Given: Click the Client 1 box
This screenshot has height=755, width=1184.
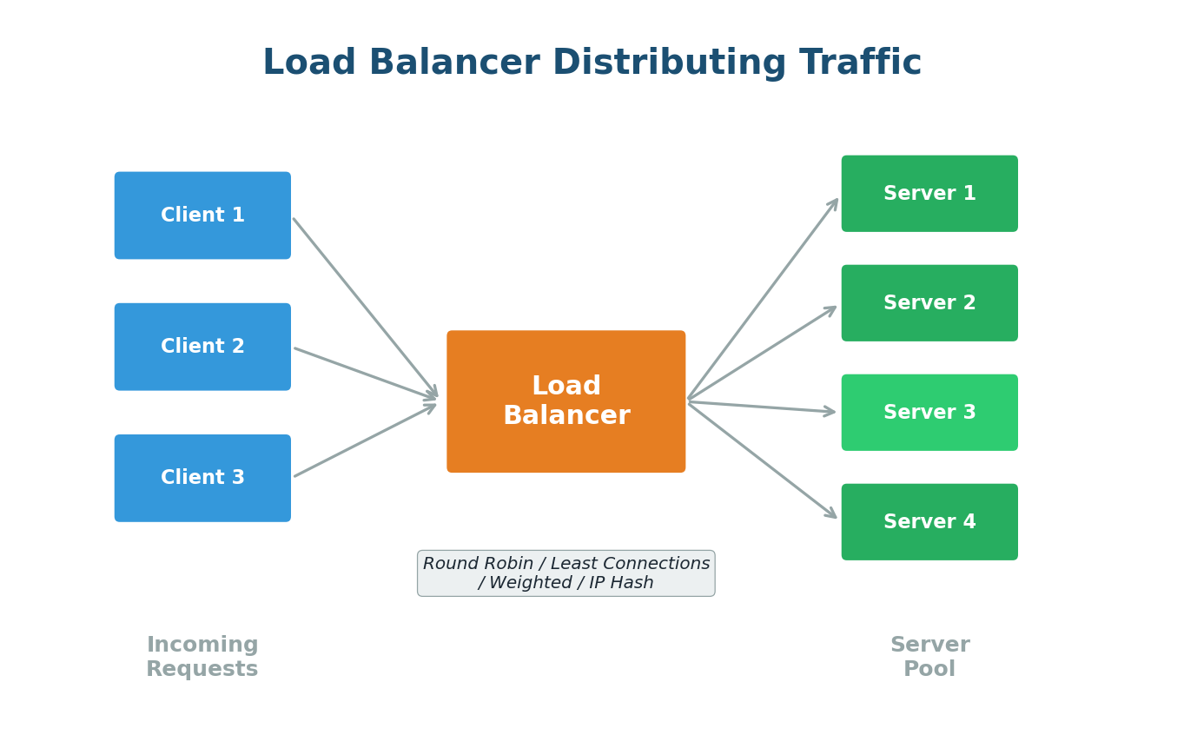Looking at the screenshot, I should click(202, 215).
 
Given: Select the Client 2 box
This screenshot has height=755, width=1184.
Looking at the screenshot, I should click(202, 347).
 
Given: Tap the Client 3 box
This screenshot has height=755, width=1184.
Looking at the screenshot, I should click(202, 478).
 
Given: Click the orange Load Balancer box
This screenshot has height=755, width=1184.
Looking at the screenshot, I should click(566, 401).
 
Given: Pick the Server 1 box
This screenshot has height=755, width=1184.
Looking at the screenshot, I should click(929, 194).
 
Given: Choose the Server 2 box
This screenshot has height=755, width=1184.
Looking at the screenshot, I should click(929, 303).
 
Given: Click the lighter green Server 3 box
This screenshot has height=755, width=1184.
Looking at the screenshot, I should click(929, 413).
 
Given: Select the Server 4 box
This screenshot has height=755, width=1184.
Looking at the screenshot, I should click(929, 522).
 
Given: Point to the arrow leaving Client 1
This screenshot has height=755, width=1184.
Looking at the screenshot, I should click(364, 307).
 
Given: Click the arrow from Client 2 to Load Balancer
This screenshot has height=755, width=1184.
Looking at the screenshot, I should click(364, 374).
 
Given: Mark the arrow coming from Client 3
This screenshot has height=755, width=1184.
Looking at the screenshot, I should click(364, 440).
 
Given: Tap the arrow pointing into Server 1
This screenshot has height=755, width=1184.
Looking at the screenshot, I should click(763, 300).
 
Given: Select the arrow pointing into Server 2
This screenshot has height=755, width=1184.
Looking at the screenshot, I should click(762, 353).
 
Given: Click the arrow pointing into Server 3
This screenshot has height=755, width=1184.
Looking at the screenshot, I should click(762, 407).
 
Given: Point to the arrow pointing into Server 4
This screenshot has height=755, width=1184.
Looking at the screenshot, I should click(762, 460).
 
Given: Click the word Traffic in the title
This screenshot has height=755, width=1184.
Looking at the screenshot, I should click(859, 63).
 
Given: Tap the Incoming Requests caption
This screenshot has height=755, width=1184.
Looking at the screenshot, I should click(202, 657).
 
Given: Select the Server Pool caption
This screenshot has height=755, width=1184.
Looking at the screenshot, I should click(929, 657).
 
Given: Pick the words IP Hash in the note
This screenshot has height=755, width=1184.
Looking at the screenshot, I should click(621, 583).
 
